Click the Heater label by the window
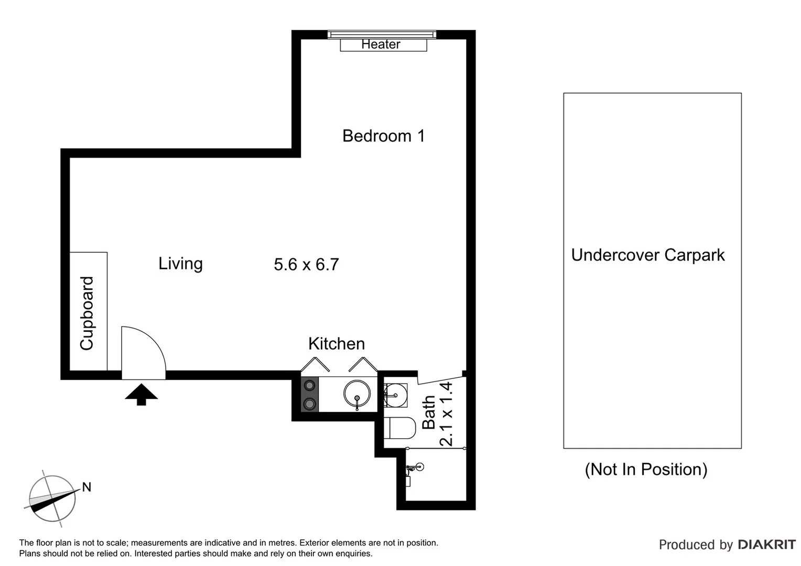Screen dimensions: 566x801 pos(381,45)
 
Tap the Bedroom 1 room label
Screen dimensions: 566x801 pos(383,136)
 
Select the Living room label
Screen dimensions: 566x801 pos(180,263)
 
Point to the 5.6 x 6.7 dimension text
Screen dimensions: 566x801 pos(306,264)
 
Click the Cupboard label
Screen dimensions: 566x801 pos(87,313)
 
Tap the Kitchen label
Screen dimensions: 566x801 pos(336,344)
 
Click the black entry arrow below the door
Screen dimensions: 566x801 pos(141,395)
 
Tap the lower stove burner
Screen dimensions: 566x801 pos(310,404)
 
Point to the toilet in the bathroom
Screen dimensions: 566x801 pos(398,428)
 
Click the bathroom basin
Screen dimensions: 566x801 pos(395,394)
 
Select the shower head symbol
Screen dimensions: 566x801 pos(417,466)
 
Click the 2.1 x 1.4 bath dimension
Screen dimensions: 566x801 pos(446,414)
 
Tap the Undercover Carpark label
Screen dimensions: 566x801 pos(647,255)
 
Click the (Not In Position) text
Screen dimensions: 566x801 pos(646,469)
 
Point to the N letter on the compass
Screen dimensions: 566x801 pos(86,487)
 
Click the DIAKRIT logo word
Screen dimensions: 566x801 pos(766,545)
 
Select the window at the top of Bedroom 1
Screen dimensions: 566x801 pos(382,35)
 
